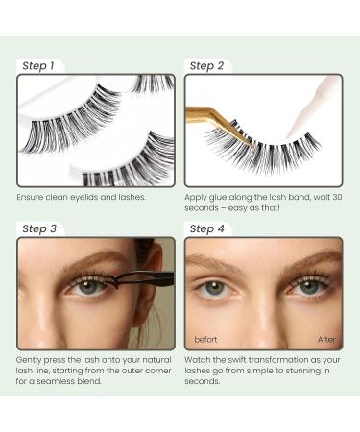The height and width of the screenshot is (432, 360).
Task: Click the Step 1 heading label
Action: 38,66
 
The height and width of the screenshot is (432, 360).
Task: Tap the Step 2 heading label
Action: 206,66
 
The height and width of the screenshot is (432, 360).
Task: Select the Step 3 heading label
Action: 39,229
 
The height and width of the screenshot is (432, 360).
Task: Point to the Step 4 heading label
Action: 207,229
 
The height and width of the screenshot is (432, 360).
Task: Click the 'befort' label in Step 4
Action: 205,340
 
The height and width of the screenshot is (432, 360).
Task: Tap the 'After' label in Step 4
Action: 326,340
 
